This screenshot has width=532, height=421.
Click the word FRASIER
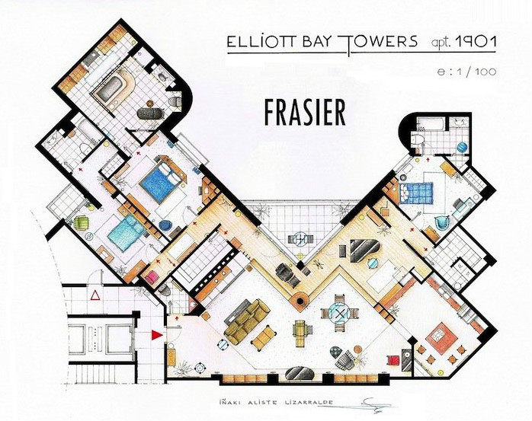point(305,112)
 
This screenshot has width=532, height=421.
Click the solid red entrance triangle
point(156,335)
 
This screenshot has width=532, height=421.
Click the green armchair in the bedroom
point(82,223)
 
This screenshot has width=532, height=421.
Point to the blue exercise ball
point(463,148)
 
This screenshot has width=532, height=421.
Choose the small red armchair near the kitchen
point(394,360)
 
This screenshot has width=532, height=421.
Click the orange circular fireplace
point(300,301)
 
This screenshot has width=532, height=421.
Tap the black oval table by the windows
point(300,373)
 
